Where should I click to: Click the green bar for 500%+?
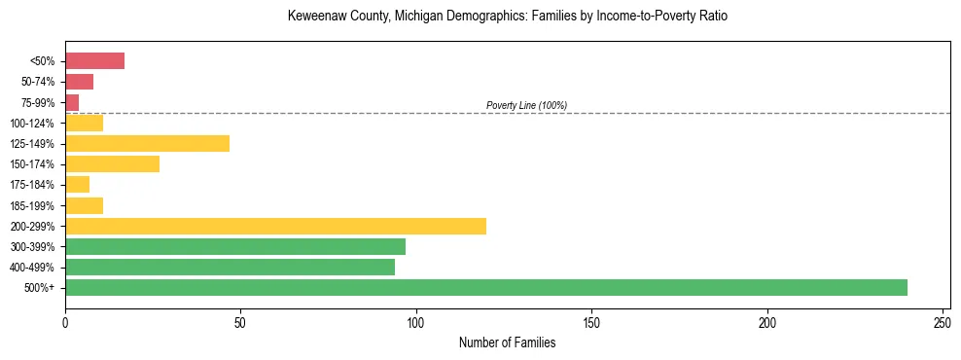[x=486, y=287]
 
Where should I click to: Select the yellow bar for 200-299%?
[x=275, y=226]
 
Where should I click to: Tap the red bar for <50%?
[x=94, y=61]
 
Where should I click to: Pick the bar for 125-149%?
[x=147, y=143]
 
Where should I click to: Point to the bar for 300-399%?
[x=235, y=246]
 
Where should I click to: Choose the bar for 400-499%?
[x=230, y=267]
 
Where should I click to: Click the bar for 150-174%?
[x=112, y=163]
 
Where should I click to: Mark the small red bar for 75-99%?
[x=72, y=102]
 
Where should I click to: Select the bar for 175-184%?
[x=77, y=184]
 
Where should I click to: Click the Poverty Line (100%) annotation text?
[x=526, y=105]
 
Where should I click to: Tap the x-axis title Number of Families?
[x=507, y=342]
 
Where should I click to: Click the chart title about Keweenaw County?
[x=507, y=17]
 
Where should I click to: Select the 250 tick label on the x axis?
[x=943, y=320]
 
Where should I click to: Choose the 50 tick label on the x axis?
[x=240, y=320]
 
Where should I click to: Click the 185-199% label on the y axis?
[x=32, y=205]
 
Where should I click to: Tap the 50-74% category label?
[x=37, y=82]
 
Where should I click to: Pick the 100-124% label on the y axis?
[x=32, y=123]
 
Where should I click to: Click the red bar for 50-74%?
[x=79, y=82]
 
